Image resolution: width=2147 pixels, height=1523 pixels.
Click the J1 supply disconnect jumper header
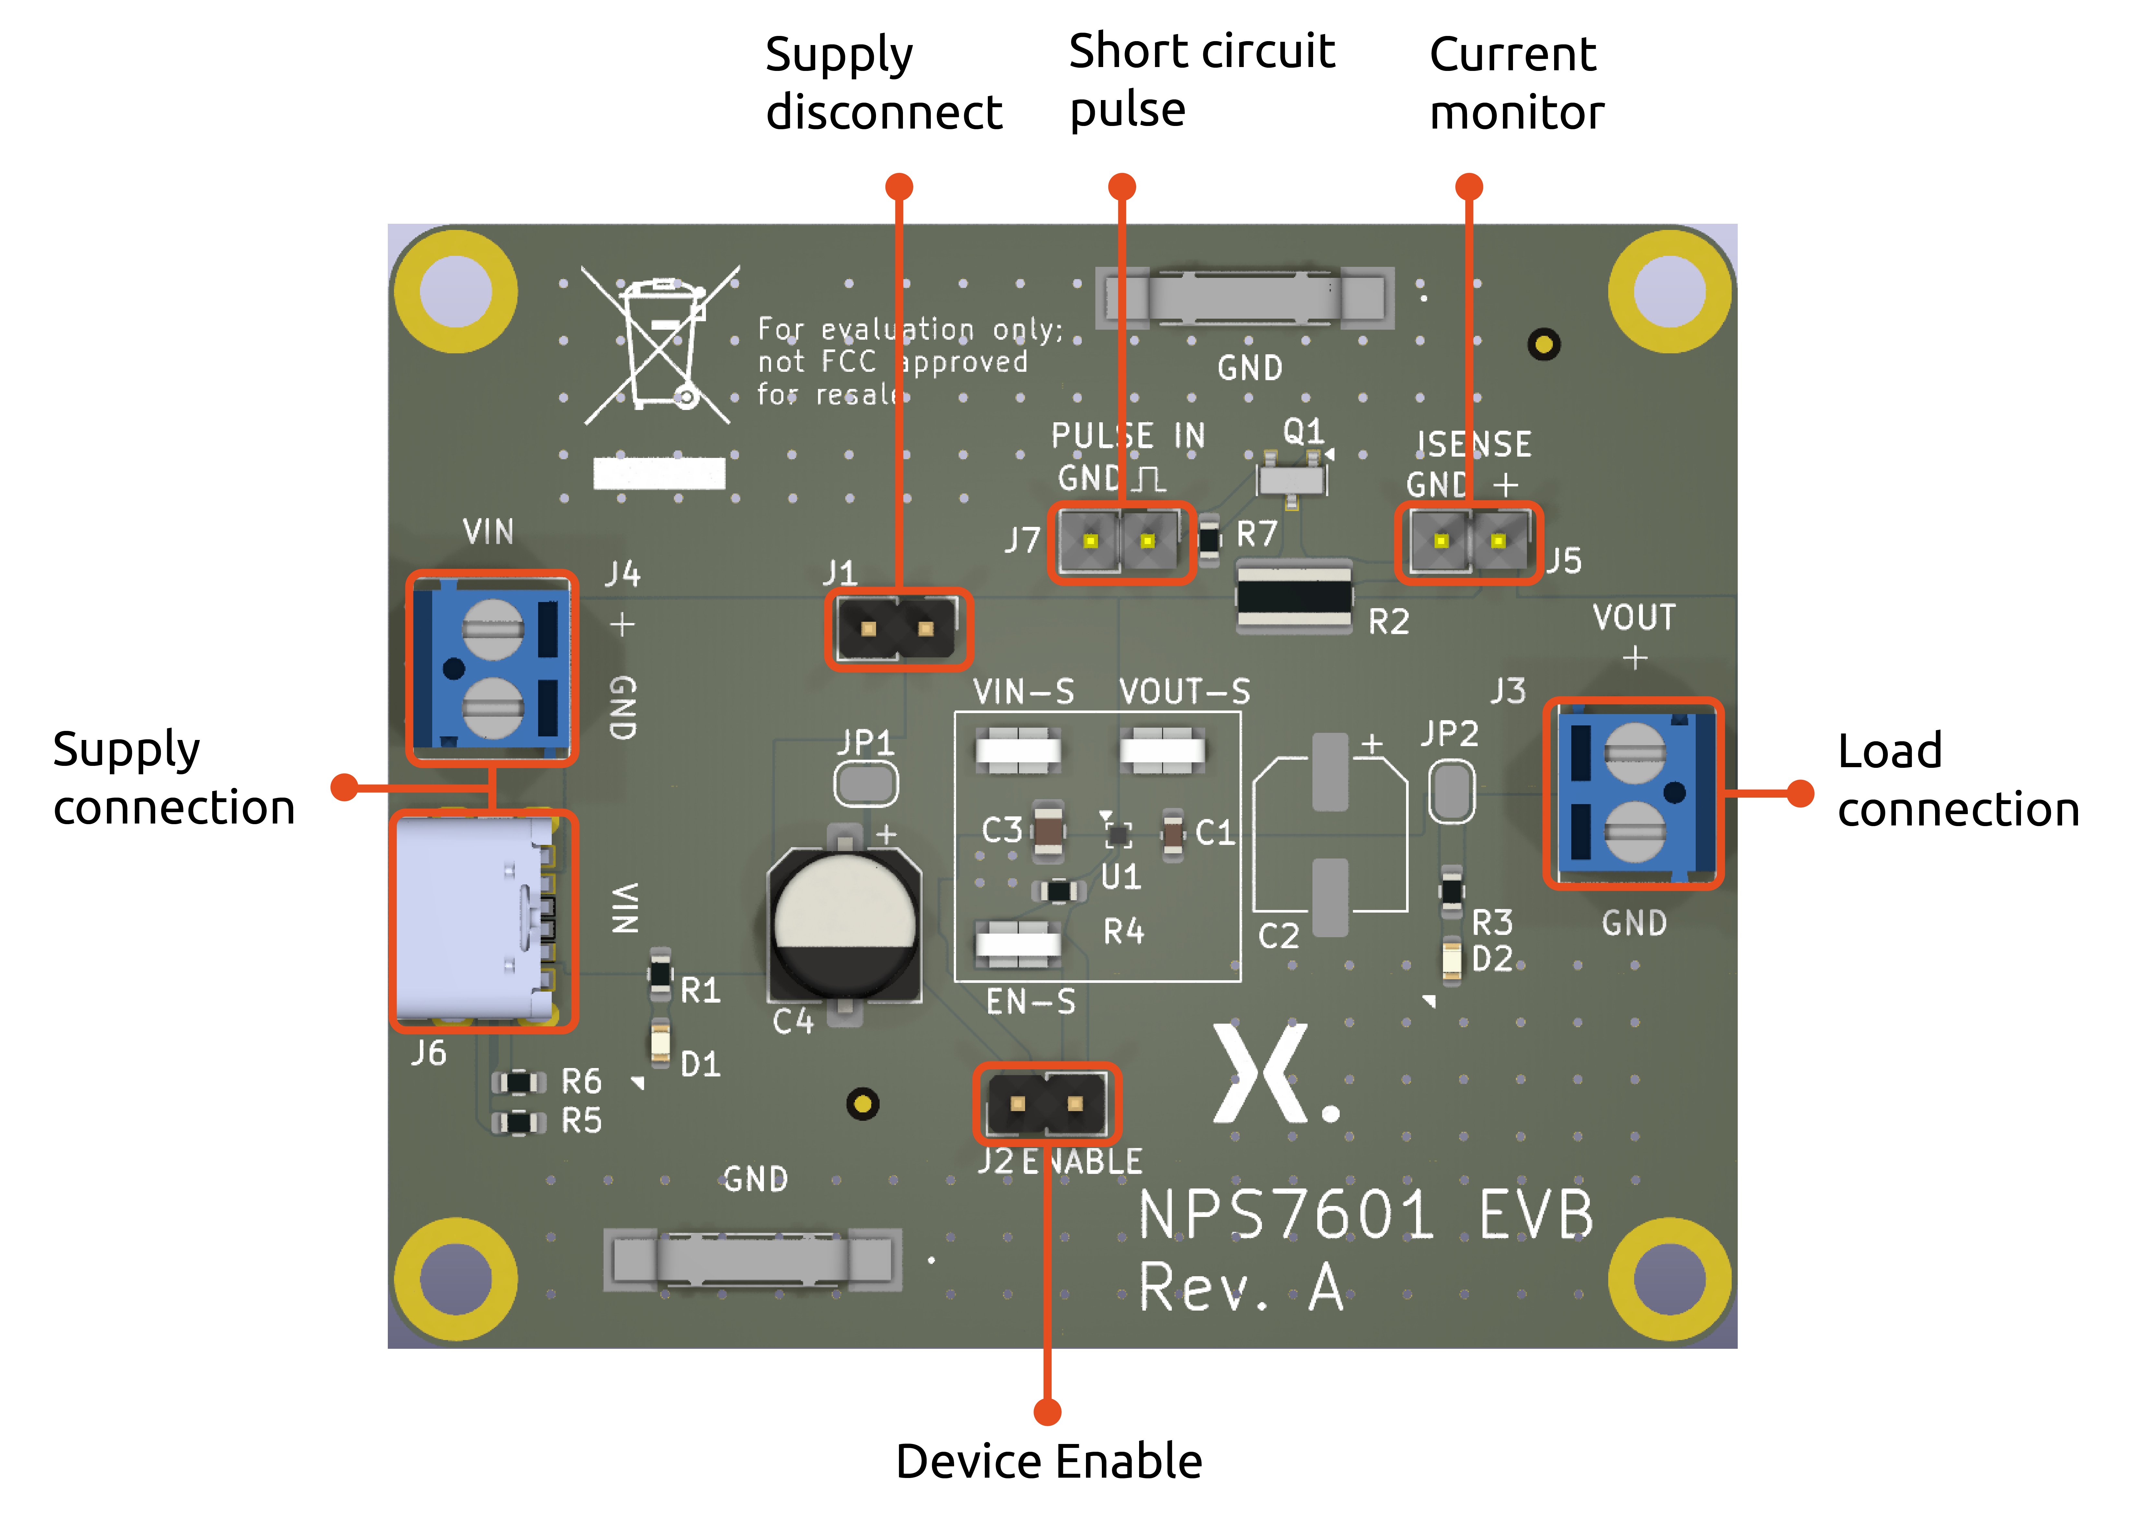[x=898, y=628]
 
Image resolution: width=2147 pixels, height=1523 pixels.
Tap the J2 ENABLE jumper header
[x=1046, y=1104]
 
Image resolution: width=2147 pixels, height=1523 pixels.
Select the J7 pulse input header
[x=1119, y=541]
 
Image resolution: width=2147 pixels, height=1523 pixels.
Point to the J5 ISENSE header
[x=1469, y=541]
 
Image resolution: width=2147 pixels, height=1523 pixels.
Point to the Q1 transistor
[x=1292, y=478]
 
